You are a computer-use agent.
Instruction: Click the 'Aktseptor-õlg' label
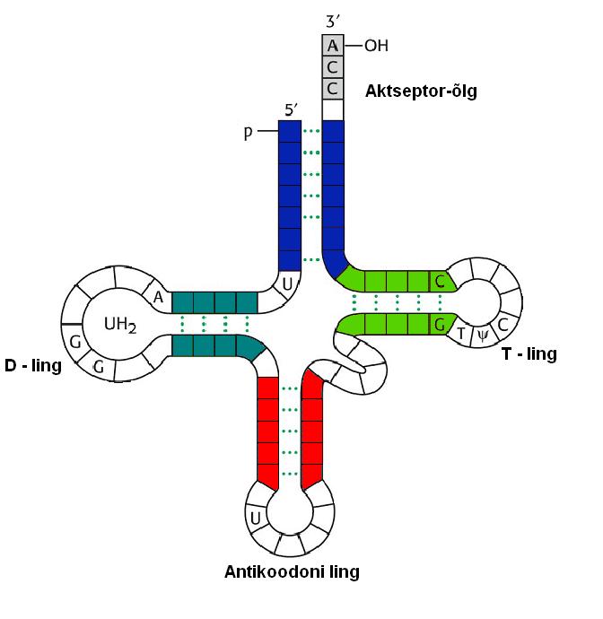(421, 91)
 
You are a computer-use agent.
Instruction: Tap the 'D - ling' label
(33, 365)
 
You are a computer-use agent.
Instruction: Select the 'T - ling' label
(529, 354)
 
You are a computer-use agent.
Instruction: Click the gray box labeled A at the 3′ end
(333, 45)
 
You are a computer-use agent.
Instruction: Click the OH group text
(376, 45)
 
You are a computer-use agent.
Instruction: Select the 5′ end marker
(291, 110)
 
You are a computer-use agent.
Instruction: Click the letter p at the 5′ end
(249, 133)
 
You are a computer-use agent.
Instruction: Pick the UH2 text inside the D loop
(120, 324)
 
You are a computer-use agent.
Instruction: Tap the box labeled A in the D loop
(159, 297)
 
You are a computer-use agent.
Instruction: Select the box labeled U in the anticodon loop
(255, 518)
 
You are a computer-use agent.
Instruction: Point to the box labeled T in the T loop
(461, 333)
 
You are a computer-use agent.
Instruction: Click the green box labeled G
(440, 325)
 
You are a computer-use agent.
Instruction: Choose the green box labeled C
(440, 281)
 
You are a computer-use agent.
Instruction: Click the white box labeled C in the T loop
(502, 324)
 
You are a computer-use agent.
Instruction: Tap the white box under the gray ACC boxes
(333, 110)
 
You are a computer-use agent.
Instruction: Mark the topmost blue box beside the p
(290, 132)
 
